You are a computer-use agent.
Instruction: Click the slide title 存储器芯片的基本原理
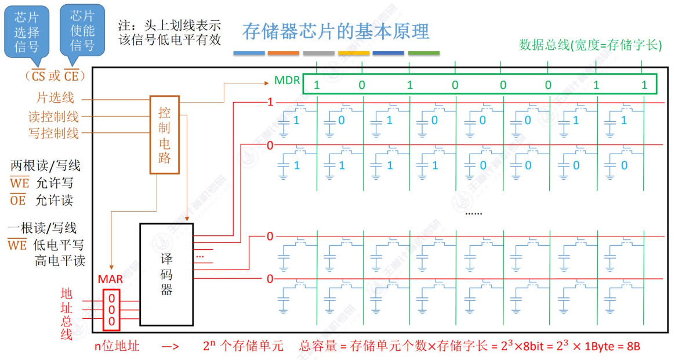point(336,31)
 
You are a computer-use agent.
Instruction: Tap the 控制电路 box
point(165,134)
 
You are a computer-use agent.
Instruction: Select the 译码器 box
point(166,274)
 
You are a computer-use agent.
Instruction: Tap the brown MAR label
point(110,279)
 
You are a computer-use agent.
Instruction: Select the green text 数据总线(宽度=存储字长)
point(590,45)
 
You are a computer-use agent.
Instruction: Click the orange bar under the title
point(284,53)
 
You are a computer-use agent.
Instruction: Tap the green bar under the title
point(423,53)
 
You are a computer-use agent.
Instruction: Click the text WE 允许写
point(42,183)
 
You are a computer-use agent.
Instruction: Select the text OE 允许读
point(42,201)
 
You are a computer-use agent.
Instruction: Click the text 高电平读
point(60,261)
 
